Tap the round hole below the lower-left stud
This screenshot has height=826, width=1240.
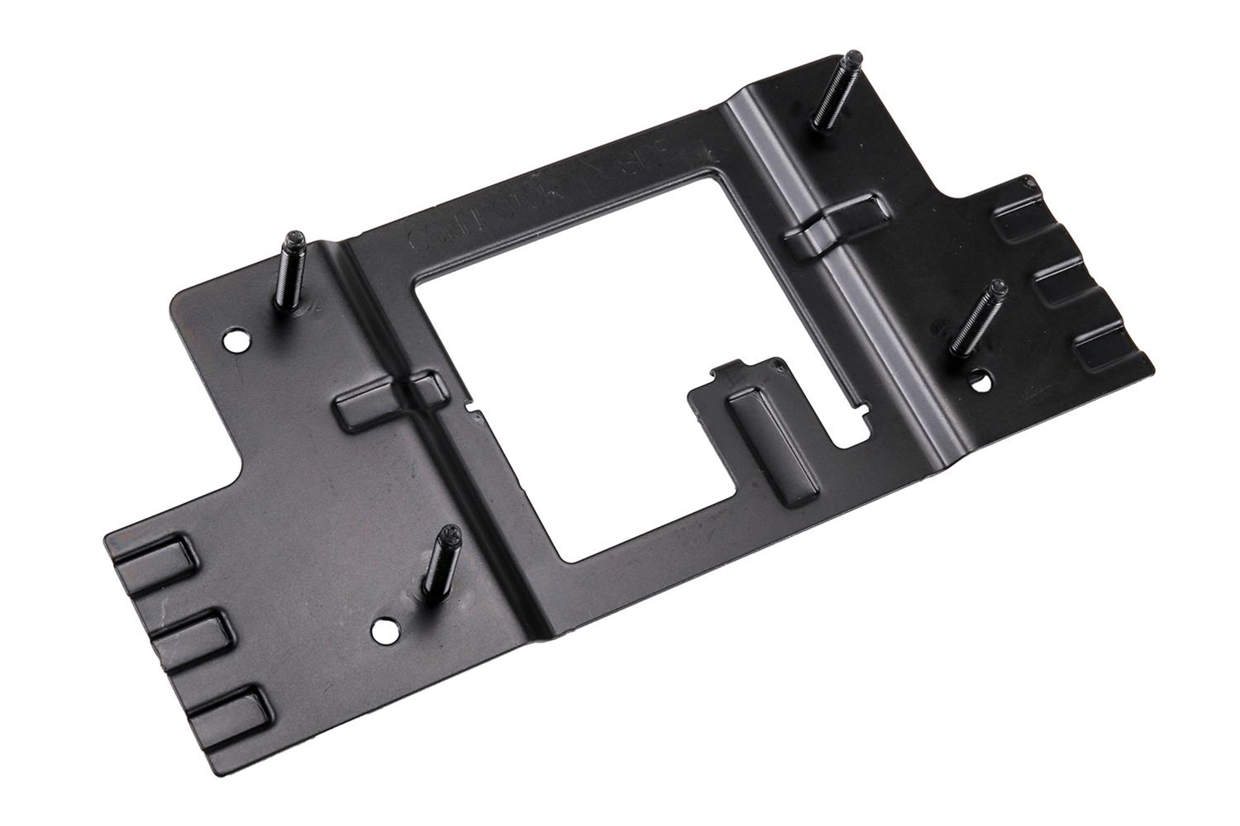(x=382, y=631)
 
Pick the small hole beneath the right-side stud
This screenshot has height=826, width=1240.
(x=980, y=382)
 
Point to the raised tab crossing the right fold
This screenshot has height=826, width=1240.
(x=835, y=223)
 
